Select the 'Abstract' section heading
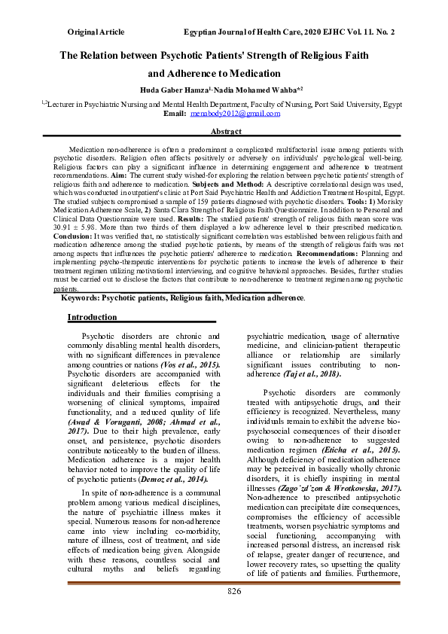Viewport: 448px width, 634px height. (x=226, y=132)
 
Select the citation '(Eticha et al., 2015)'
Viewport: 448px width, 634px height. (x=375, y=449)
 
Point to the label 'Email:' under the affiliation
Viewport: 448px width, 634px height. (x=175, y=114)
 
